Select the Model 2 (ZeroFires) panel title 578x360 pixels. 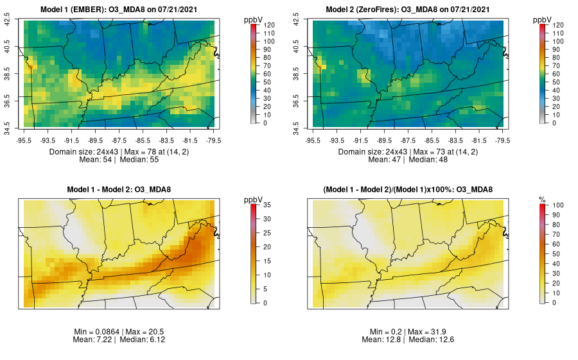pos(408,10)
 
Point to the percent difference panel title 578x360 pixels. pos(408,189)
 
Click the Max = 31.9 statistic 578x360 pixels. pos(428,331)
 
